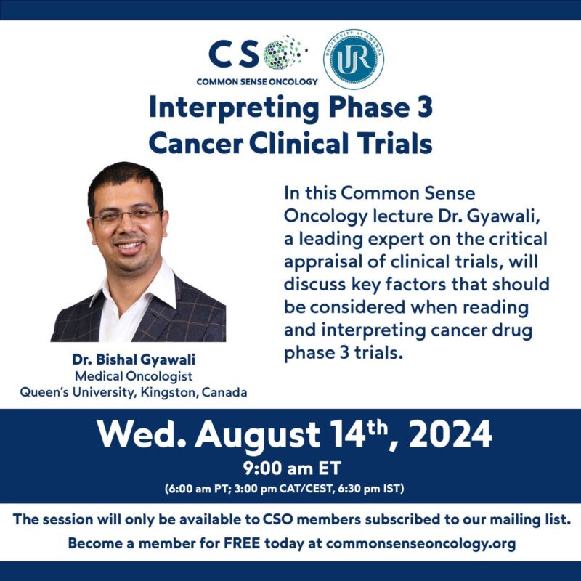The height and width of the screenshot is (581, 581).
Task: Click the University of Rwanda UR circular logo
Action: coord(354,60)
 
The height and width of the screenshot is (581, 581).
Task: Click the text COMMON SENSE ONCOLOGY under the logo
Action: coord(256,81)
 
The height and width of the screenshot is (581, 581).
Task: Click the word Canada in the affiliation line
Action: coord(223,393)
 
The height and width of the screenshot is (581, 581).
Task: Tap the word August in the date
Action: coord(258,436)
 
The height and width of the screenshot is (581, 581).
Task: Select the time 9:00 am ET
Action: coord(290,468)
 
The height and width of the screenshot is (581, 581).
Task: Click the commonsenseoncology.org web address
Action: coord(421,544)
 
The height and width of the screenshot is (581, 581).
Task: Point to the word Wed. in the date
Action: coord(140,436)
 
